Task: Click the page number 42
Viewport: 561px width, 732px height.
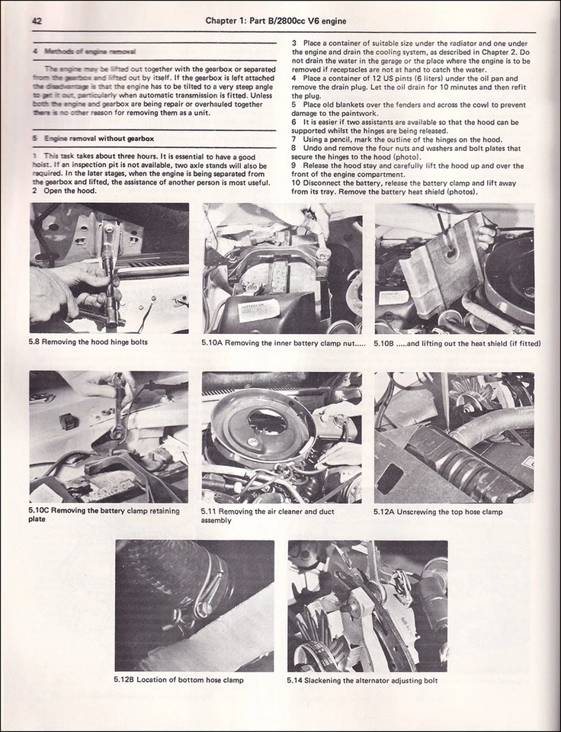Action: click(x=37, y=21)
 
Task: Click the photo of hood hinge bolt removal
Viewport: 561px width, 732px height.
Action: click(x=109, y=268)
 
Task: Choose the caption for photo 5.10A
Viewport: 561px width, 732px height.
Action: click(x=283, y=342)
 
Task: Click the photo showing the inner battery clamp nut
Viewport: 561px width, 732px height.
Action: click(x=281, y=268)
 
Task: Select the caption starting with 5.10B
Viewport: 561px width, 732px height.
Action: click(x=457, y=343)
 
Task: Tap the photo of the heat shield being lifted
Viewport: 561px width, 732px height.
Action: click(x=454, y=268)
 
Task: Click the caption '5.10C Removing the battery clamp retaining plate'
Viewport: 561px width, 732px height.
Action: click(x=104, y=515)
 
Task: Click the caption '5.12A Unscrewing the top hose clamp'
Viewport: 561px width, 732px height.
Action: click(x=438, y=512)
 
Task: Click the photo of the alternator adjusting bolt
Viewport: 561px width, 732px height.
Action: click(x=367, y=605)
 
